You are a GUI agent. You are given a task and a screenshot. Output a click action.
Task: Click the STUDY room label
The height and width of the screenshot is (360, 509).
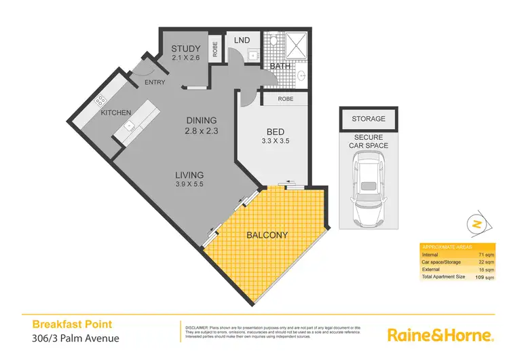[185, 48]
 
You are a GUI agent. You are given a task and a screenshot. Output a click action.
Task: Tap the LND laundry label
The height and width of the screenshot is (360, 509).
[242, 41]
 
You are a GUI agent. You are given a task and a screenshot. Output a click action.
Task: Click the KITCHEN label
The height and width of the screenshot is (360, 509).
[116, 113]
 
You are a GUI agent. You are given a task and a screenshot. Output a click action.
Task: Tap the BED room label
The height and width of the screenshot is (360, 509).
[274, 132]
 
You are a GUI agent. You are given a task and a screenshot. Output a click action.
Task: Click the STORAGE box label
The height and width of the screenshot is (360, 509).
[369, 119]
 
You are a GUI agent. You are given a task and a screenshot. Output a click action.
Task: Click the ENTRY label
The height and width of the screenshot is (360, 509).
[155, 83]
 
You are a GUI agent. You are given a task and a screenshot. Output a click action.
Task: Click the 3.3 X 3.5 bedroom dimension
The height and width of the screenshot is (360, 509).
[274, 143]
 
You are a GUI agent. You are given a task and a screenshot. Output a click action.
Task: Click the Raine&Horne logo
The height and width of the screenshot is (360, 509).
[439, 335]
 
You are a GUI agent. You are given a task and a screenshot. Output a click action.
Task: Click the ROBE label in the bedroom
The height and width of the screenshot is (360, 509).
[284, 99]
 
